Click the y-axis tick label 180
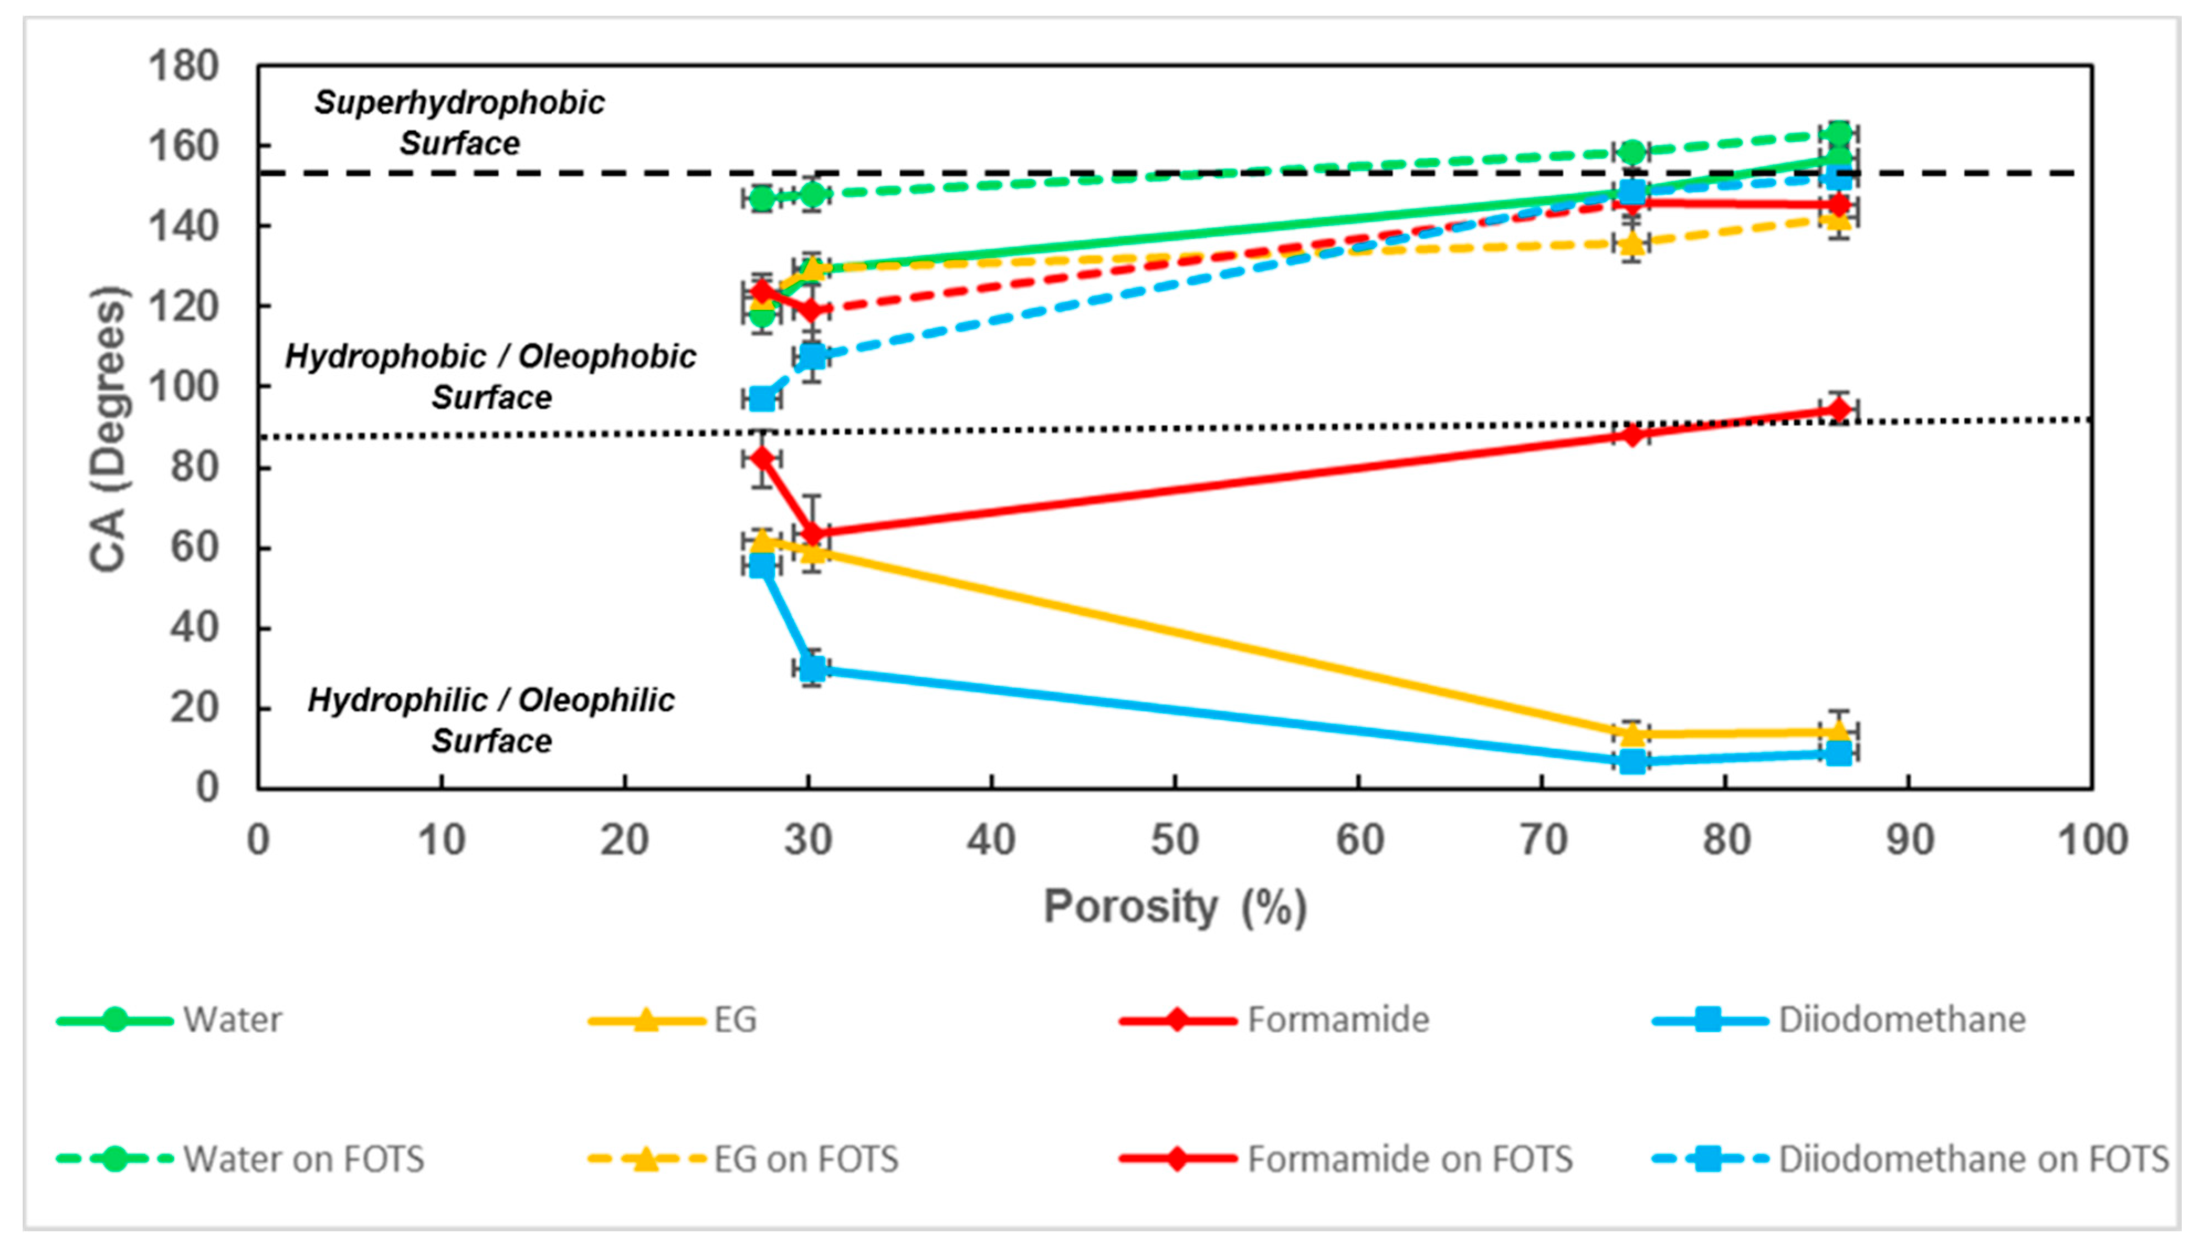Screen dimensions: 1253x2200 (x=183, y=66)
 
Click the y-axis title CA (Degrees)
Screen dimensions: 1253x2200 (x=109, y=428)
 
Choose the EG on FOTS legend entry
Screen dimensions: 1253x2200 (x=744, y=1159)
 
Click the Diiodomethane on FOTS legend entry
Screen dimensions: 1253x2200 (x=1910, y=1159)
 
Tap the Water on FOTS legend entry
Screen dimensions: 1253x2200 (x=241, y=1159)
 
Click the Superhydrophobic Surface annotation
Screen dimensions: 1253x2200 (x=459, y=122)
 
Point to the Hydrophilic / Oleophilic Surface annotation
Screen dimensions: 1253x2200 (x=491, y=720)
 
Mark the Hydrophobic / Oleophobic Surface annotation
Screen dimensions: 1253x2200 (x=491, y=376)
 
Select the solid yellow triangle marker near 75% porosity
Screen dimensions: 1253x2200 (x=1632, y=733)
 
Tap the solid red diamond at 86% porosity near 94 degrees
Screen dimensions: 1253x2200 (x=1839, y=410)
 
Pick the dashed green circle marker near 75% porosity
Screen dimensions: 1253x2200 (x=1632, y=153)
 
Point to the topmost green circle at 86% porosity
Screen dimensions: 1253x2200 (x=1839, y=133)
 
